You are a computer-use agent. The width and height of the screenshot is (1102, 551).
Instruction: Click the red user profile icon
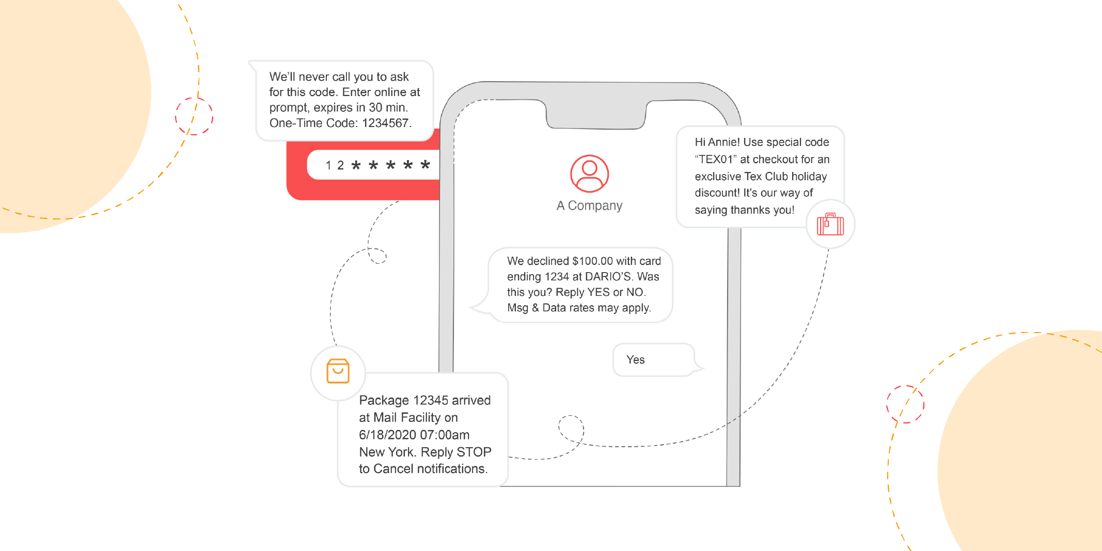tap(589, 174)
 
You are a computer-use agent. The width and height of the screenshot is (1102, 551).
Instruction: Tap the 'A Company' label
tap(589, 206)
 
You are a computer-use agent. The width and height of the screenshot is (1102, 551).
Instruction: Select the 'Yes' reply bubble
tap(654, 360)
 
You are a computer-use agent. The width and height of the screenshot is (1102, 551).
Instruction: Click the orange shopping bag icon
tap(338, 371)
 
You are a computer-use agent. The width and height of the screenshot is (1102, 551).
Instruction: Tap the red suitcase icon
tap(830, 224)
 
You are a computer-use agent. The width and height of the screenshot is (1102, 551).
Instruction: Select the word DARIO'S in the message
tap(608, 277)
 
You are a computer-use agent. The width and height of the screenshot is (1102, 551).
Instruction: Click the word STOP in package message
tap(474, 452)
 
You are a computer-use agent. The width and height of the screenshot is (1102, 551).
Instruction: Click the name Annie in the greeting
tap(723, 142)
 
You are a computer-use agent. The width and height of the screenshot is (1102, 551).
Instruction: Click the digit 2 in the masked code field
tap(340, 165)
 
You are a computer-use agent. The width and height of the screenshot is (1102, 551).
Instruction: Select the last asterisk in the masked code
tap(425, 165)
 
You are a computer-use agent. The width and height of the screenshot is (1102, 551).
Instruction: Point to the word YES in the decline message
tap(599, 292)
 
